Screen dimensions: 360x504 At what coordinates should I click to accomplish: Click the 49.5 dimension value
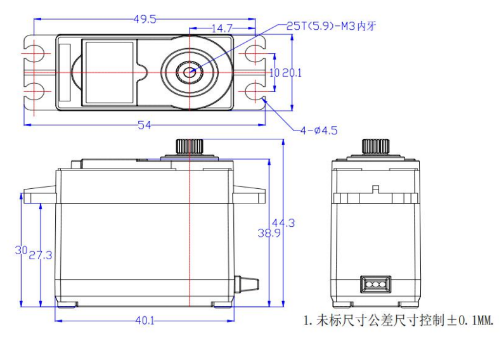pyautogui.click(x=145, y=18)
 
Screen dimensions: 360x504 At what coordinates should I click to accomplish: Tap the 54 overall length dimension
pyautogui.click(x=145, y=125)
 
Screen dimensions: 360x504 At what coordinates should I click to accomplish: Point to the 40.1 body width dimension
pyautogui.click(x=144, y=320)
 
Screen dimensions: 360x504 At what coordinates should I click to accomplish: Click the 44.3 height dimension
pyautogui.click(x=283, y=222)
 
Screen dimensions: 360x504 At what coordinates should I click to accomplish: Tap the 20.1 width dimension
pyautogui.click(x=292, y=73)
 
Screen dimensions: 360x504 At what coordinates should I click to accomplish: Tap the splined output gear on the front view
pyautogui.click(x=189, y=146)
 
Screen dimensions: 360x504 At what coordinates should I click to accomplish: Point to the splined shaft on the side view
pyautogui.click(x=375, y=146)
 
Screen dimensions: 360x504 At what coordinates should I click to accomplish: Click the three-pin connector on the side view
pyautogui.click(x=375, y=284)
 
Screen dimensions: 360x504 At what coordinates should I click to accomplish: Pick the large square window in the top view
pyautogui.click(x=109, y=72)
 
